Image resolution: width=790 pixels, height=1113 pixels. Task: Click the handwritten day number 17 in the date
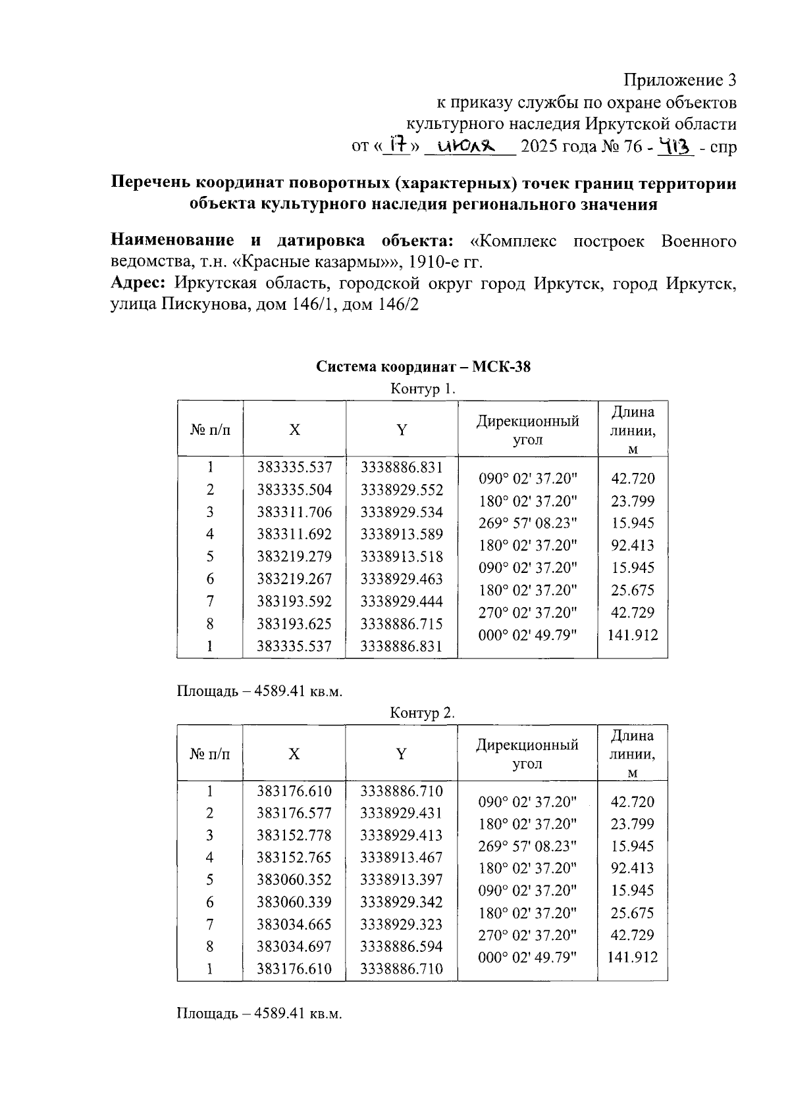pos(397,143)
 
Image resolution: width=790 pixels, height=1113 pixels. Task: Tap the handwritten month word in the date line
pos(466,145)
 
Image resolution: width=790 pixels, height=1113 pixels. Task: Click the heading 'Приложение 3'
pos(679,80)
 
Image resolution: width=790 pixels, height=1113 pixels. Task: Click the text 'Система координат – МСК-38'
pos(423,366)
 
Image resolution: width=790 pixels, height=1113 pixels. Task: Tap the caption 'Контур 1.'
pos(423,388)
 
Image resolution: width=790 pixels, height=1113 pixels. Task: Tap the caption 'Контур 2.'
pos(422,712)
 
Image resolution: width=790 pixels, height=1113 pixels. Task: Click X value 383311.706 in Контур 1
pos(294,512)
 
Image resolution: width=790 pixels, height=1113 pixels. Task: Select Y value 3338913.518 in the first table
pos(402,556)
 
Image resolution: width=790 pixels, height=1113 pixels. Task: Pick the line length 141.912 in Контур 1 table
pos(632,635)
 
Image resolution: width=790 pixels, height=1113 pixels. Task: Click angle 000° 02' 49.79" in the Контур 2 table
pos(527,958)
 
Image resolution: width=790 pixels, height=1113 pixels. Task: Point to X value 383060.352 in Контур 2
pos(294,879)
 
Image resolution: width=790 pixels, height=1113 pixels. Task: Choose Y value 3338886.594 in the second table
pos(401,947)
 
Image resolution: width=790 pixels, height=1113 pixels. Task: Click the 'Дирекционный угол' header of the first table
pos(527,430)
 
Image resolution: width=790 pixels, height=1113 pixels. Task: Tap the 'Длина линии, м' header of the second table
pos(632,753)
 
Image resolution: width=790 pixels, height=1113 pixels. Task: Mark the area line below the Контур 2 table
pos(259,1014)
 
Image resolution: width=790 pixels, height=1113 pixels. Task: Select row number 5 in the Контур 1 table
pos(209,556)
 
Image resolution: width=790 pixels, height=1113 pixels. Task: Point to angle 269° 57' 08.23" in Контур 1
pos(527,523)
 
